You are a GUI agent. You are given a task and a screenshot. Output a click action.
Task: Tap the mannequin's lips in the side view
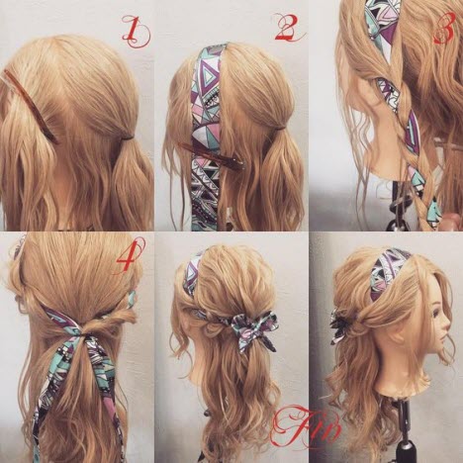click(442, 341)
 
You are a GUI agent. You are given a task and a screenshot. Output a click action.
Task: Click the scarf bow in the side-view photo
click(338, 326)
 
